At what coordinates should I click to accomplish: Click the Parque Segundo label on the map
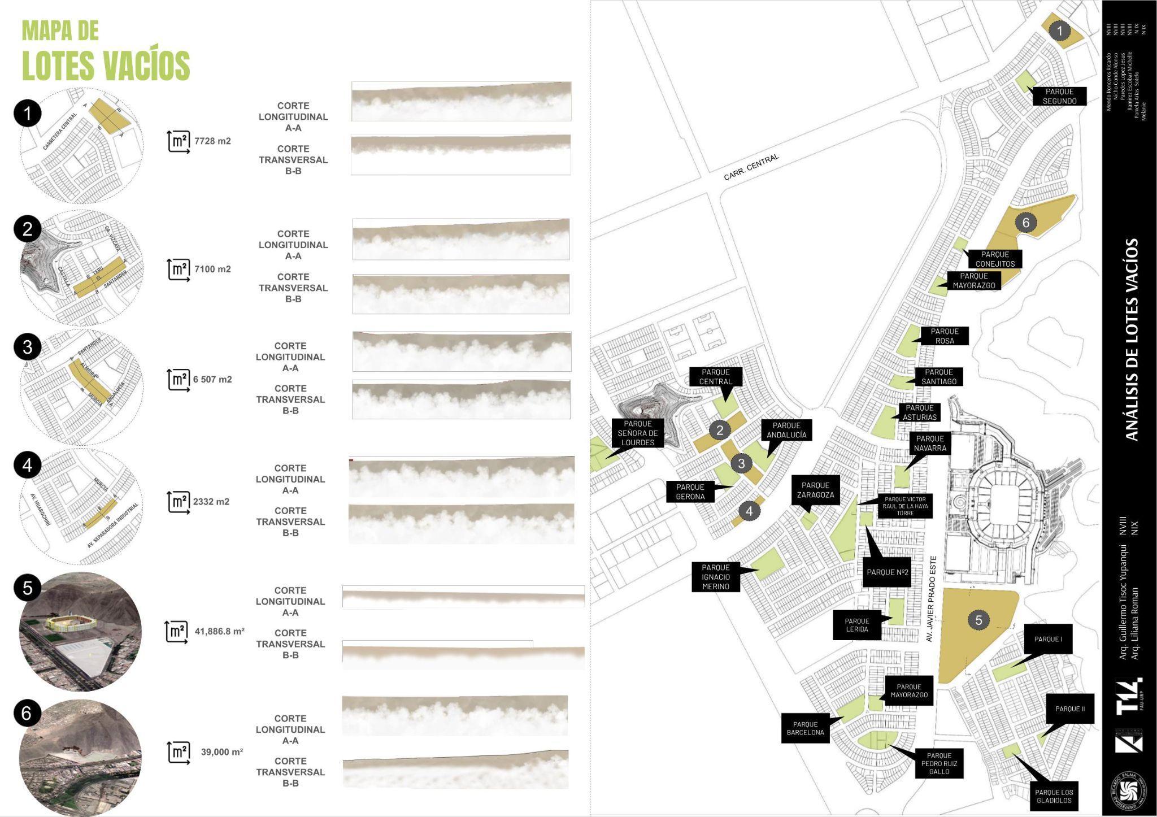tap(1059, 96)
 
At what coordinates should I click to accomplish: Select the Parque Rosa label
tap(945, 336)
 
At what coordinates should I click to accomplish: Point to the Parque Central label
tap(715, 377)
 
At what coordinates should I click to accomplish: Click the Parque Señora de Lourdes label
tap(637, 433)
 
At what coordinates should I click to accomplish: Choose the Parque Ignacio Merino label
tap(715, 577)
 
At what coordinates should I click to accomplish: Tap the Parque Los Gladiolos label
tap(1054, 796)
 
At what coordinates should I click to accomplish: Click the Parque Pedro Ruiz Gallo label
tap(939, 763)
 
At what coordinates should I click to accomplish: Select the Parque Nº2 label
tap(887, 572)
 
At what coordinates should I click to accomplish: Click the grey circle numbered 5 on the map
tap(978, 620)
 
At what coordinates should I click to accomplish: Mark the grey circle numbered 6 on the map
tap(1026, 223)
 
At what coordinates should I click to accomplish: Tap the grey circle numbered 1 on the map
tap(1060, 31)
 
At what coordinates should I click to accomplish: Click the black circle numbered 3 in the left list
tap(28, 347)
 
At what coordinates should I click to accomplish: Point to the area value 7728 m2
tap(212, 141)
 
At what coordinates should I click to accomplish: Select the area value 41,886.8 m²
tap(219, 631)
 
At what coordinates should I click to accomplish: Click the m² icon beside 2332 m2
tap(179, 502)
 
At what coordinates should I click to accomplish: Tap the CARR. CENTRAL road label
tap(751, 167)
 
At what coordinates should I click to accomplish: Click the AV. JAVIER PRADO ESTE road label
tap(932, 599)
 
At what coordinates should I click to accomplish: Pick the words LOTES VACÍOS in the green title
tap(106, 66)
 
